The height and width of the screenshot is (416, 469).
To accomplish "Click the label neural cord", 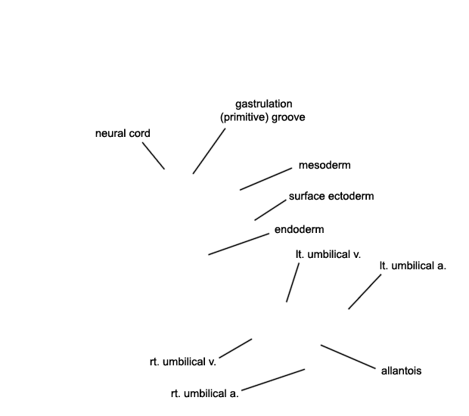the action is click(123, 133).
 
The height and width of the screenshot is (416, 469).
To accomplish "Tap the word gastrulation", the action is click(264, 104).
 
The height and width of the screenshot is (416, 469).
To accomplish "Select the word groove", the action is click(288, 117).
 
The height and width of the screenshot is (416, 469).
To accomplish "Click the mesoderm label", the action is click(325, 165).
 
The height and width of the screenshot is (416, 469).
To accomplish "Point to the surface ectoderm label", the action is click(331, 196).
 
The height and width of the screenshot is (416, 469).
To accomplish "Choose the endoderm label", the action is click(299, 229).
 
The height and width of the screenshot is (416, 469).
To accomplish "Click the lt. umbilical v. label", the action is click(328, 254).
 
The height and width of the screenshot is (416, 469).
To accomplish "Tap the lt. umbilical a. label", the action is click(413, 265).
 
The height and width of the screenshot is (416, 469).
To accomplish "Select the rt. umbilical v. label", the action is click(183, 362).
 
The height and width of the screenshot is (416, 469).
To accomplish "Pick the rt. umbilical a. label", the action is click(205, 393).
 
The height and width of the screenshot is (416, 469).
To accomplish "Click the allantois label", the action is click(402, 371).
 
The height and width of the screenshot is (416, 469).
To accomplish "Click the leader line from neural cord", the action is click(154, 156).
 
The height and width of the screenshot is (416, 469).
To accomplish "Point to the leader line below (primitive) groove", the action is click(209, 151).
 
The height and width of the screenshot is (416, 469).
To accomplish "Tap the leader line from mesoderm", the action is click(266, 179).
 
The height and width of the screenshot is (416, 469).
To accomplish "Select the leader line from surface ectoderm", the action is click(270, 210).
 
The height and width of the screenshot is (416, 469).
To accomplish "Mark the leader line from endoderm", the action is click(239, 244).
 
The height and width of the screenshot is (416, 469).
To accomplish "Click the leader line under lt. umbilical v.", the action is click(293, 283).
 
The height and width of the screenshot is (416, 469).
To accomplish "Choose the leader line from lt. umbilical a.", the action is click(365, 292).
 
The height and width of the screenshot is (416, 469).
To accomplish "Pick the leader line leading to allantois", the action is click(348, 357).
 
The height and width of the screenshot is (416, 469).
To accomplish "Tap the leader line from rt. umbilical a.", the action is click(273, 380).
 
